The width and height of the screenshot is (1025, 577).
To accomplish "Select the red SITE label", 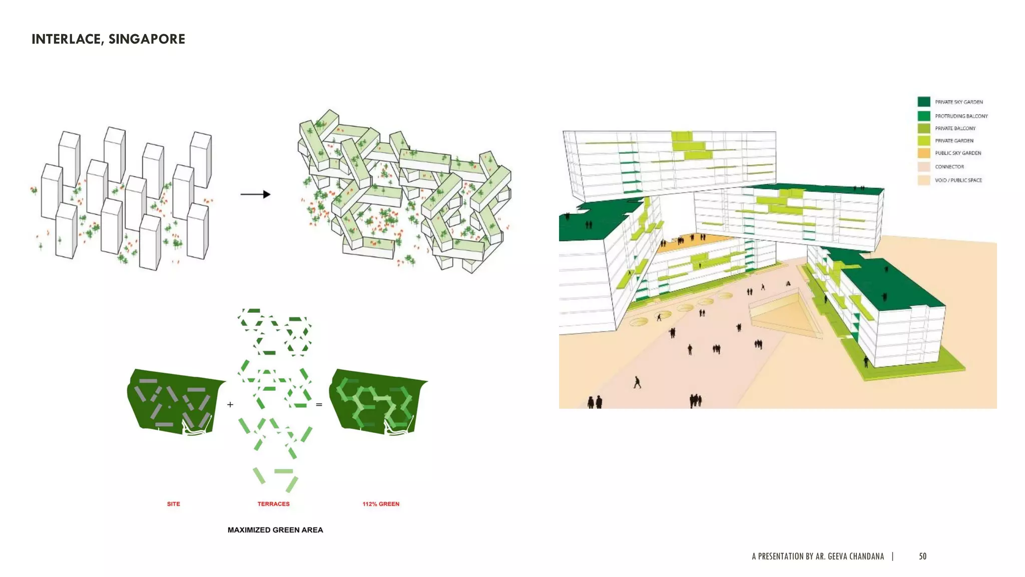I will (x=173, y=504).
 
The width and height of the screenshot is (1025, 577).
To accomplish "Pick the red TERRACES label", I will (x=273, y=504).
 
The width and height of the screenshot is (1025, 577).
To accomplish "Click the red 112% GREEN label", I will (x=381, y=504).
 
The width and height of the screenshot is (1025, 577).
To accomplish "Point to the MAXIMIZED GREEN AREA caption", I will (x=275, y=530).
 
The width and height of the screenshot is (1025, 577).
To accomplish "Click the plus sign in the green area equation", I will (x=230, y=405).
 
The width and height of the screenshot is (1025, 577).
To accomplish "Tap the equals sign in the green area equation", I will (x=319, y=405).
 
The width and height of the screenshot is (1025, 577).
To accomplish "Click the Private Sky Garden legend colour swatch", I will (x=924, y=102).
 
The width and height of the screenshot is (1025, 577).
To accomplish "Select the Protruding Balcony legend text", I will (x=961, y=116).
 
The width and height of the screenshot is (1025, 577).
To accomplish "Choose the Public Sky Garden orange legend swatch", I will (x=924, y=153).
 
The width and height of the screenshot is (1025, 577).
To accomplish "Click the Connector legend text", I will (x=949, y=167).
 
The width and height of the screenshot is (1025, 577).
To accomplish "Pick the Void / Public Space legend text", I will (x=958, y=180).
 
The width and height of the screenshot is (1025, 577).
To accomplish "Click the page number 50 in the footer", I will (x=922, y=556).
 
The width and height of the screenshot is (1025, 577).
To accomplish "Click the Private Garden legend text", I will (x=954, y=141).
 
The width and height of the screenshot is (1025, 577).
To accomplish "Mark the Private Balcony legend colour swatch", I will (x=924, y=128).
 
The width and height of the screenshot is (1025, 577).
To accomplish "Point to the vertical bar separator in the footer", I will (x=892, y=556).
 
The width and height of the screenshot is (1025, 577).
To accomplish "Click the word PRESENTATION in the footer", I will (x=781, y=556).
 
